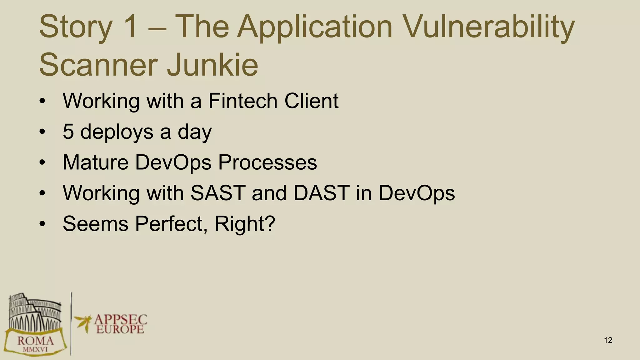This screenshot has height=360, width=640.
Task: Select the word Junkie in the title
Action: tap(212, 65)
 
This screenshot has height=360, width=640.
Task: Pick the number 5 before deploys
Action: tap(68, 132)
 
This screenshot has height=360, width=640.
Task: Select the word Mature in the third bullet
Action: tap(95, 162)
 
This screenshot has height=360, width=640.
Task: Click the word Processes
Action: tap(267, 162)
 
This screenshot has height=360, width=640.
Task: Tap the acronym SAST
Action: tap(218, 193)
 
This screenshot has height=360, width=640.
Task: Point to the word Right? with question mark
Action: tap(245, 223)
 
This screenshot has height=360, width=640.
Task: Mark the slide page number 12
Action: tap(608, 340)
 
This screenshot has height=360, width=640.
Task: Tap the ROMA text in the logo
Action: tap(35, 341)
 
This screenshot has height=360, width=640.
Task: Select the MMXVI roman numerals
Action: tap(35, 349)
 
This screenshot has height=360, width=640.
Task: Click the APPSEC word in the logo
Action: tap(120, 319)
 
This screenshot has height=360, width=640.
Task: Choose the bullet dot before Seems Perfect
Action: tap(42, 224)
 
